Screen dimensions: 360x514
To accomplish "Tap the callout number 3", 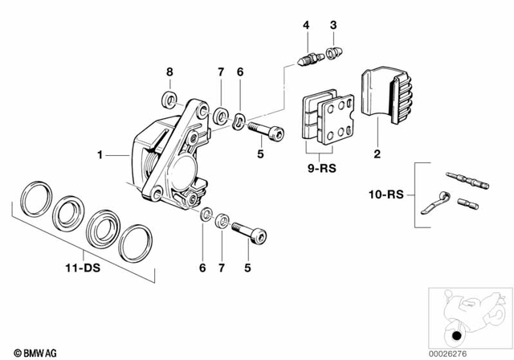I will coord(332,27).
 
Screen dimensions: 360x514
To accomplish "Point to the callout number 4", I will coord(306,27).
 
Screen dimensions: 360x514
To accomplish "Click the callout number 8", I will coord(169,73).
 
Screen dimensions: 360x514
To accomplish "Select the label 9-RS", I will coord(319,170).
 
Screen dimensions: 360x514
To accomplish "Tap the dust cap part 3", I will coord(332,55).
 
